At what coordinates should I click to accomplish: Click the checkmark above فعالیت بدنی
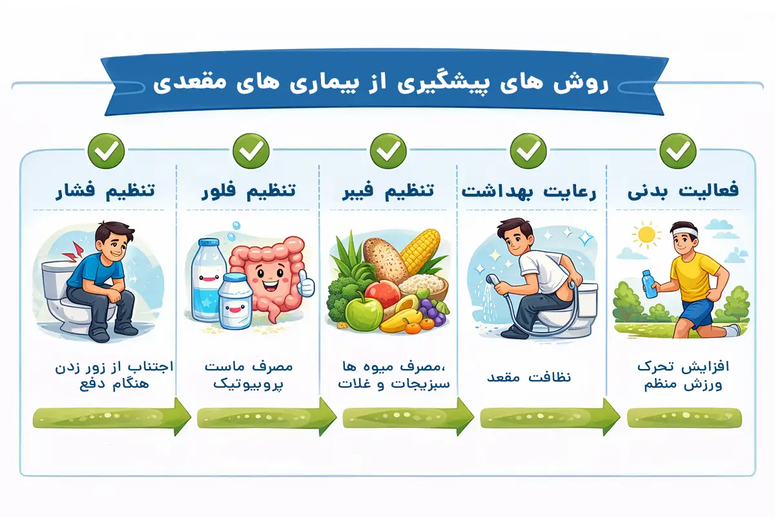(x=677, y=151)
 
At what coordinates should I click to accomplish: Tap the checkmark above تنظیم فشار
(x=106, y=151)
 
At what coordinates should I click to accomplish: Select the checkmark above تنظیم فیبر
(x=387, y=151)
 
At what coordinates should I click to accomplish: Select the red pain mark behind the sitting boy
(x=79, y=252)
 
